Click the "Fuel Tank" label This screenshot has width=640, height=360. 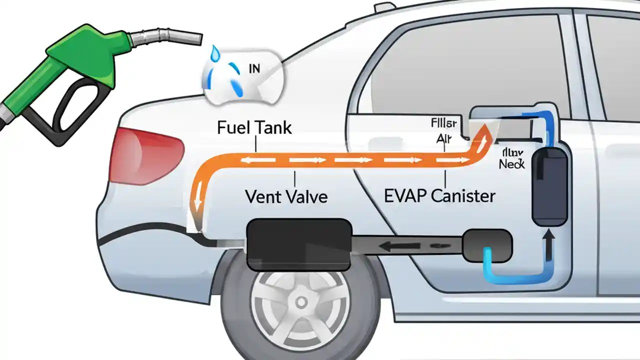tap(254, 127)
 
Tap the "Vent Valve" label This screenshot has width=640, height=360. tap(286, 196)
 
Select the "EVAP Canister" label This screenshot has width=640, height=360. tap(439, 195)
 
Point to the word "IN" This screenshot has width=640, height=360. tap(254, 69)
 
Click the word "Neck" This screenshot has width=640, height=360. tap(511, 163)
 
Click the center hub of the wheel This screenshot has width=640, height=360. tap(301, 301)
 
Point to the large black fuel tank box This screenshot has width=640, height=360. tap(298, 243)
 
